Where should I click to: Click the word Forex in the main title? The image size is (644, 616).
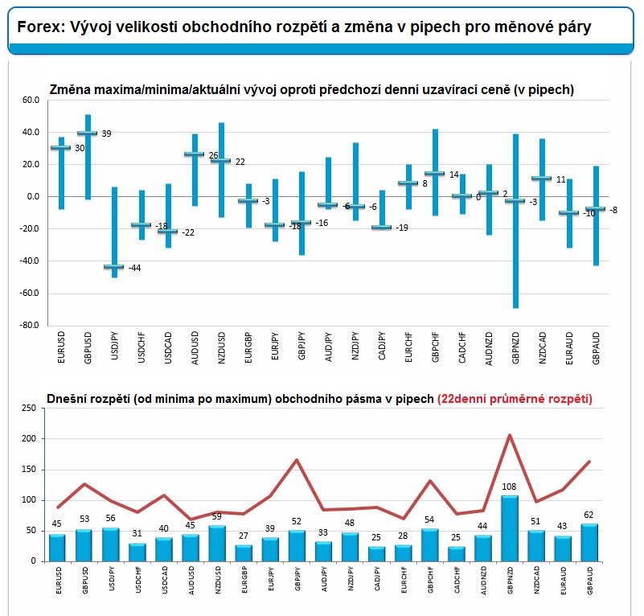point(39,27)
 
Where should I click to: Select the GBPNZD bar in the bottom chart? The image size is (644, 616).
point(510,528)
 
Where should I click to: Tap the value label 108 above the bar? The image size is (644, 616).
point(509,487)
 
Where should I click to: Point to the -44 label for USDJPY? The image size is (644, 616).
point(134,268)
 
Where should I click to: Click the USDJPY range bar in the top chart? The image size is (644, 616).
point(115,232)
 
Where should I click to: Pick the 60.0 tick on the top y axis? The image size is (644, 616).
point(31,101)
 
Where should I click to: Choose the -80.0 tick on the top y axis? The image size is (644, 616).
point(29,325)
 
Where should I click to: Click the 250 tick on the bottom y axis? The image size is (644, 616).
point(29,408)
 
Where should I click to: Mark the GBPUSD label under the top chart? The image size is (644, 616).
point(88,347)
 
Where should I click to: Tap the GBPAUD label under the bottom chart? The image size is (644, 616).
point(590,581)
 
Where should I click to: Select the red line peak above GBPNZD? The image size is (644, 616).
point(510,435)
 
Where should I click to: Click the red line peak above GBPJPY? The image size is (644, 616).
point(297,460)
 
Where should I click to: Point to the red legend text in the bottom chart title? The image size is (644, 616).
point(515,399)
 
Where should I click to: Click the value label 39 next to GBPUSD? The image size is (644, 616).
point(106,133)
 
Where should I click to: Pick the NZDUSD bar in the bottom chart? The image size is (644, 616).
point(217,544)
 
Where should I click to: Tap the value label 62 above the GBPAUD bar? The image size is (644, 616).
point(589,515)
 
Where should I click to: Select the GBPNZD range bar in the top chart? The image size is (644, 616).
point(516,221)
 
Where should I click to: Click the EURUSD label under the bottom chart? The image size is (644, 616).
point(59,581)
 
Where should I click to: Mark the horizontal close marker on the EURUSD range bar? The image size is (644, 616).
point(61,147)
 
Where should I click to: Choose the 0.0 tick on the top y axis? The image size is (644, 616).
point(33,196)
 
